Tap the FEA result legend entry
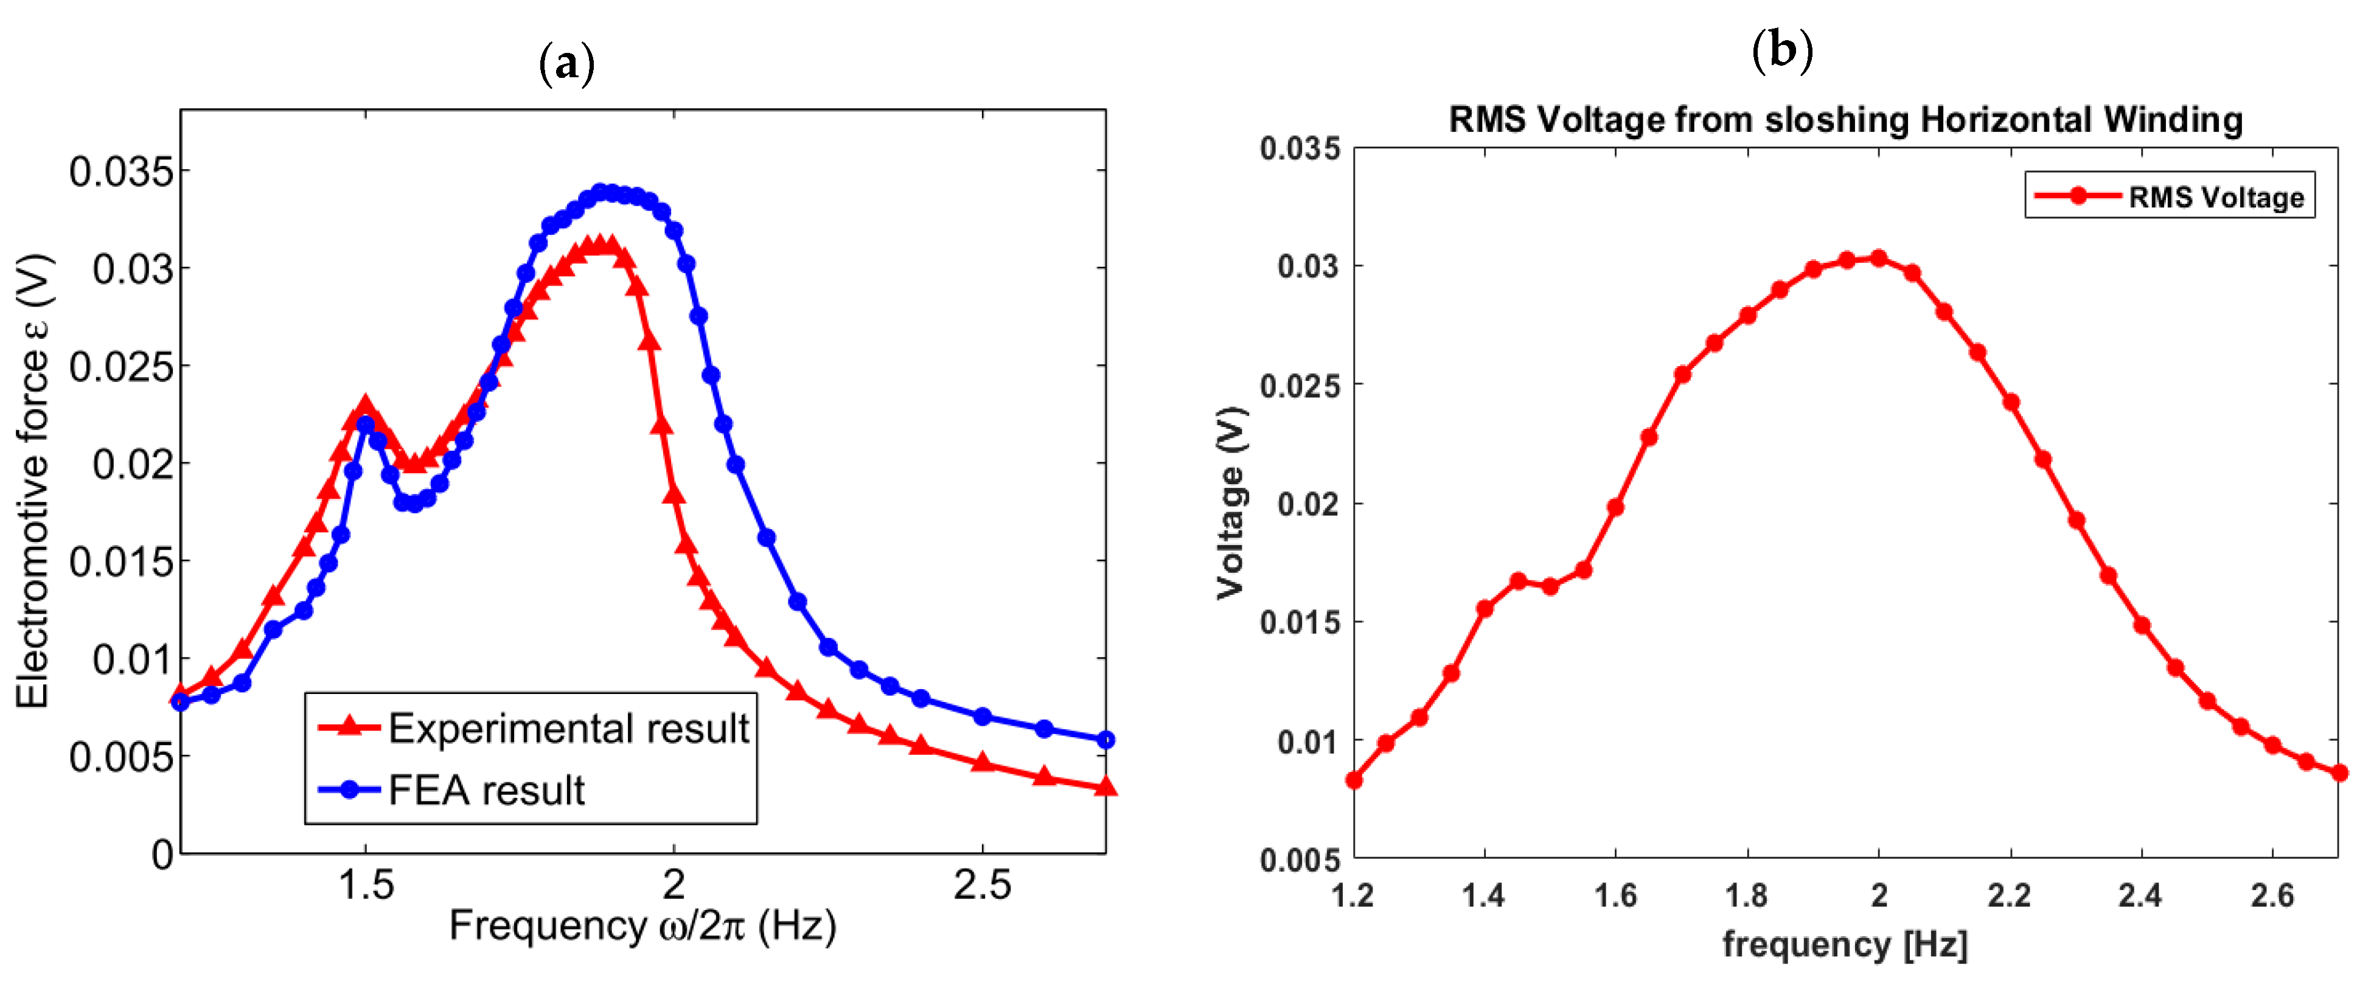[x=451, y=789]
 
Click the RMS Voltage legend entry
[x=2170, y=196]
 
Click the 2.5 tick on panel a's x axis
[x=981, y=885]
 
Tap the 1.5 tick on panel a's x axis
[x=366, y=885]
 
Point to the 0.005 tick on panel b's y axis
[x=1300, y=859]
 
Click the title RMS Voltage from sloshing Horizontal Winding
[x=1845, y=120]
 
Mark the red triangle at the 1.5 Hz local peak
[x=366, y=406]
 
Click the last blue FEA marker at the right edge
[x=1106, y=740]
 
